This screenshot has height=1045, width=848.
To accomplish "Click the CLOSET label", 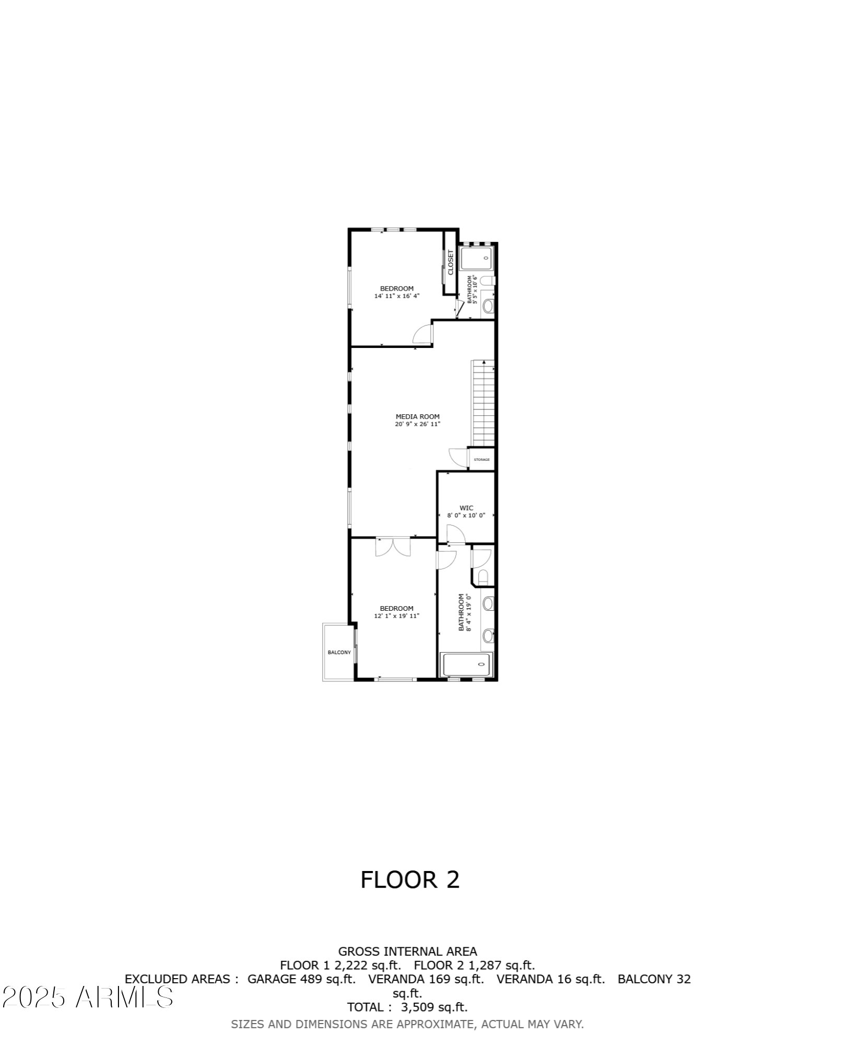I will (451, 262).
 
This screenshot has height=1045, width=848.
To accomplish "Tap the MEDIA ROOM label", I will (417, 416).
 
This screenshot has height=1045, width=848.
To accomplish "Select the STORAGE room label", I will (481, 460).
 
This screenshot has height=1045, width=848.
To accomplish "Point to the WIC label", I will (466, 508).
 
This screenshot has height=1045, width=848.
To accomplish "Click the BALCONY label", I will (339, 652).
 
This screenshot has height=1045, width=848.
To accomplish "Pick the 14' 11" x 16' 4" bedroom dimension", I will (397, 296).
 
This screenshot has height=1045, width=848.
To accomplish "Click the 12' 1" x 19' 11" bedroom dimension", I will (397, 616).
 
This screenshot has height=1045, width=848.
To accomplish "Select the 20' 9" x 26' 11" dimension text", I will (417, 424).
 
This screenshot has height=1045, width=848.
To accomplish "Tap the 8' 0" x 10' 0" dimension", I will (466, 515).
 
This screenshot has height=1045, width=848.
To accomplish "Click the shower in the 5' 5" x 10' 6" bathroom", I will (477, 258).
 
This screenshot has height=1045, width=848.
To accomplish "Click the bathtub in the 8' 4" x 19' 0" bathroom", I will (467, 665).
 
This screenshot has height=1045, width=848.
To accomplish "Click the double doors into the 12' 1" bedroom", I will (393, 547).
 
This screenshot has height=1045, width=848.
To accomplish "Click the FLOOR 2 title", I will (410, 879).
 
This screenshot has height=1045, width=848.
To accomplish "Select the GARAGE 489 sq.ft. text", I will (301, 979).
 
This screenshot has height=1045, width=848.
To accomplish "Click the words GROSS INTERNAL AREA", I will (407, 951).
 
